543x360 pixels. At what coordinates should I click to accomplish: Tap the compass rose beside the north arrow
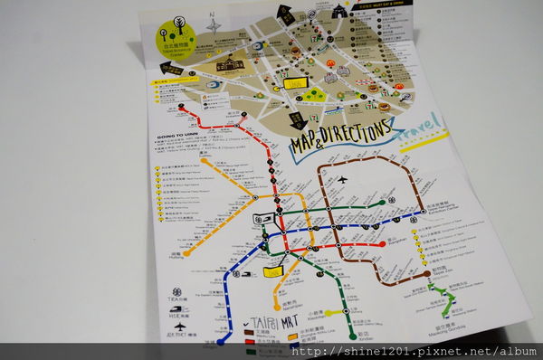coord(214,24)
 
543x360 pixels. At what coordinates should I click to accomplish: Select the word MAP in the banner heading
coord(305,145)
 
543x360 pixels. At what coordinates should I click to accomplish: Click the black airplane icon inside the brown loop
coord(342,180)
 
